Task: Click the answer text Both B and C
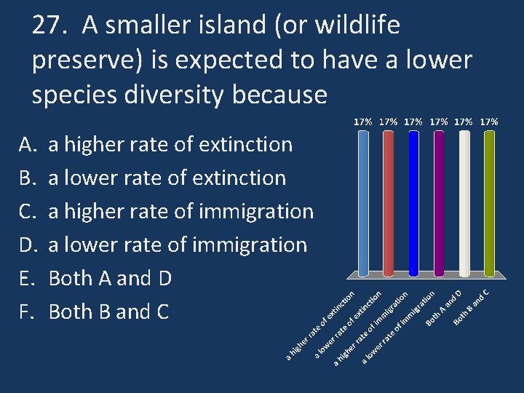[108, 311]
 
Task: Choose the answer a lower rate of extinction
[167, 178]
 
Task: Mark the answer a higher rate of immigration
[180, 211]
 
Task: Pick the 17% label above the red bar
[389, 122]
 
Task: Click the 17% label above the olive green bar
[489, 122]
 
